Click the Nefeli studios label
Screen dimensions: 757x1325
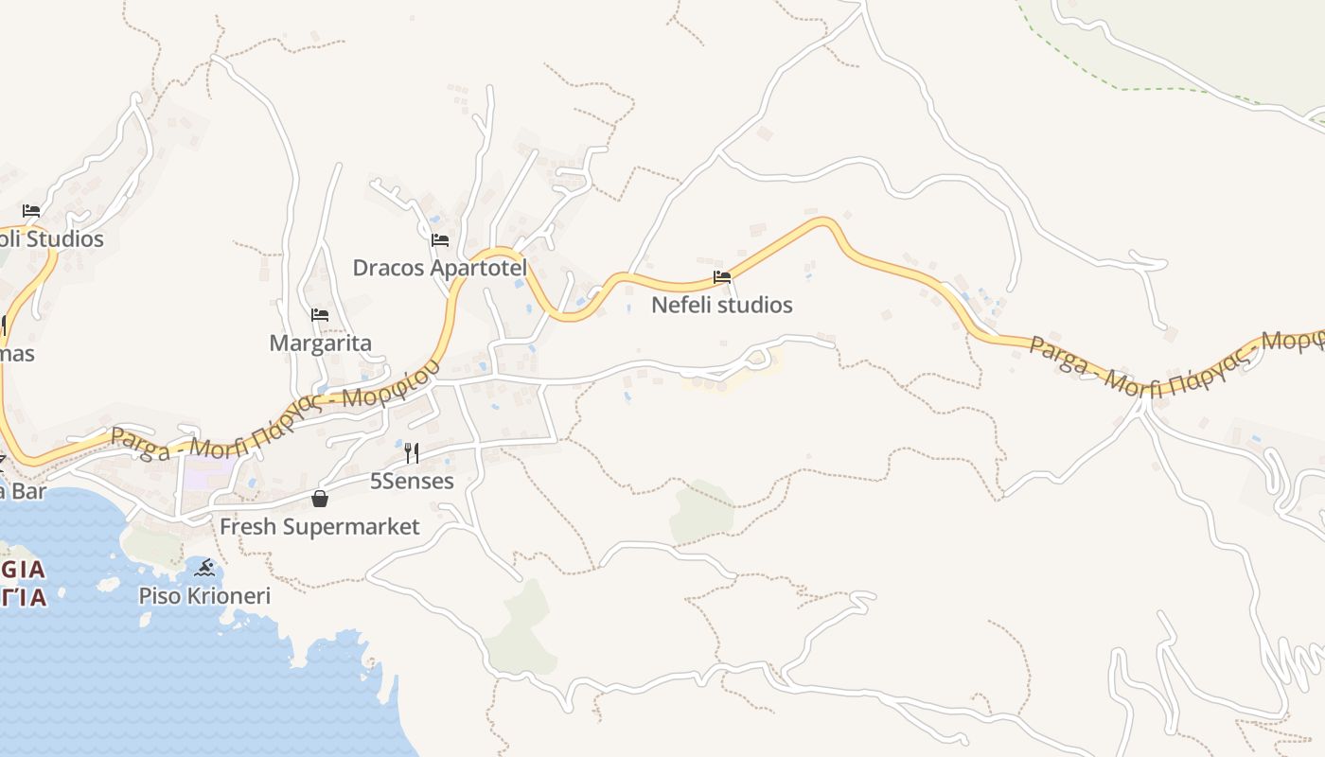722,305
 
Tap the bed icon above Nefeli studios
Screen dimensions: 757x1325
722,277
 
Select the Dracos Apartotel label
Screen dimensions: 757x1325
439,268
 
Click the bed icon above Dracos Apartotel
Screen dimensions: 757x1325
439,240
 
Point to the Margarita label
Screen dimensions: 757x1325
321,343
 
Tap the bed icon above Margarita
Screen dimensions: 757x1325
320,315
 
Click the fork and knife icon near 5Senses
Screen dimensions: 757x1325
411,453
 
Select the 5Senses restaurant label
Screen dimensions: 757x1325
412,481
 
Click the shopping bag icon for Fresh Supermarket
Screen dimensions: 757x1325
320,499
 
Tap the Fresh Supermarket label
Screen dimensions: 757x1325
320,526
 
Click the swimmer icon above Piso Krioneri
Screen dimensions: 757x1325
204,569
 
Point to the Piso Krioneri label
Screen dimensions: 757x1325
204,596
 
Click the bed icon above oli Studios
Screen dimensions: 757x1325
31,211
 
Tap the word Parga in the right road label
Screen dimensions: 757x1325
1058,352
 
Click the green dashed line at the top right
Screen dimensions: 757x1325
1136,89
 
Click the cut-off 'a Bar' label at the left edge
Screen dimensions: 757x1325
21,490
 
